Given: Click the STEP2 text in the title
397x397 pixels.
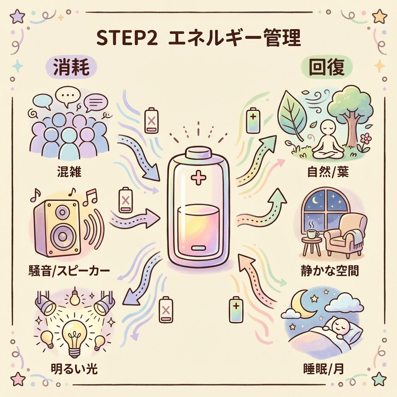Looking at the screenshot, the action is (x=127, y=38).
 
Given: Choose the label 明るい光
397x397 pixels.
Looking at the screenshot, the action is (x=74, y=369).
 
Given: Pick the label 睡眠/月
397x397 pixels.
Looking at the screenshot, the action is (x=323, y=369).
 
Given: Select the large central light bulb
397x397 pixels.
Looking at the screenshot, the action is (x=74, y=337).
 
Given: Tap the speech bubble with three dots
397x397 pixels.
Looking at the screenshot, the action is (x=68, y=97).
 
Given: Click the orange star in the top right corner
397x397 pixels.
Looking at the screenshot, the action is (x=380, y=16).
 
